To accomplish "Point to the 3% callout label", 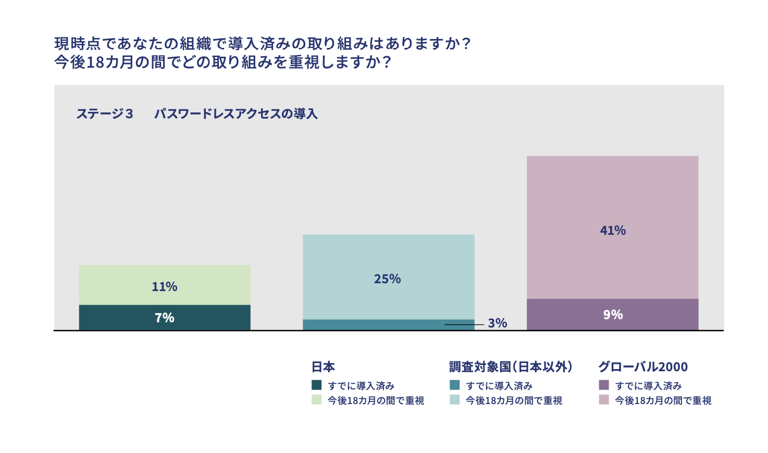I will point(498,323).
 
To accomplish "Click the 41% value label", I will point(613,230).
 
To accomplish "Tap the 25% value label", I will point(387,279).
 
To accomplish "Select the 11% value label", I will point(165,286).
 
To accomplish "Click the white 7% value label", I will point(165,318).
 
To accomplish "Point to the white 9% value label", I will point(613,314).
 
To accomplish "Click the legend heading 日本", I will point(323,367).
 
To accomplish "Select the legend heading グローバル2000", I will point(643,367).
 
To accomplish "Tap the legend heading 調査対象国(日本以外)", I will point(511,367).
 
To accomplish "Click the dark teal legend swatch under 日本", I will point(317,385).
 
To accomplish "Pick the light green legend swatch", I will point(317,400).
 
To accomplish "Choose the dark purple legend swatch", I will point(604,385).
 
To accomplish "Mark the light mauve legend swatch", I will point(604,400).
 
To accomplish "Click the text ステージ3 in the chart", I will point(105,114).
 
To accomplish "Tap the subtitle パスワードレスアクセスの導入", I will point(236,114).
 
